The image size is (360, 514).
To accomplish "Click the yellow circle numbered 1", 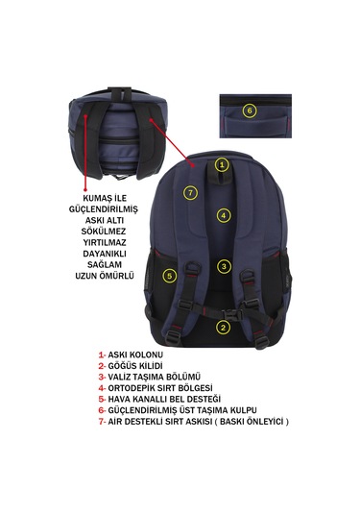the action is tap(222, 165).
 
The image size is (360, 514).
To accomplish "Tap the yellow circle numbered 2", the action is tap(223, 328).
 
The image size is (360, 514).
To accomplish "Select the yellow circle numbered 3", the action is tap(224, 266).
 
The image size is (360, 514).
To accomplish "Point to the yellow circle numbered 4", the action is tap(224, 216).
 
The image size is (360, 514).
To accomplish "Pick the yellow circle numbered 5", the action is tap(169, 276).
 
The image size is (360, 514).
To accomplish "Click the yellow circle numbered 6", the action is tap(250, 110).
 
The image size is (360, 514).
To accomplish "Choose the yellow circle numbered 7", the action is tap(191, 193).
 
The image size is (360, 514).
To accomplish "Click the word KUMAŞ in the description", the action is tap(96, 199).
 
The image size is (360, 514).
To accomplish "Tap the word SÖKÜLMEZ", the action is tap(104, 232).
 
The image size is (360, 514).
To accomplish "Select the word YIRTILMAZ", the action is tap(105, 242).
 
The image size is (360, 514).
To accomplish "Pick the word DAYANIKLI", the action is tap(105, 254).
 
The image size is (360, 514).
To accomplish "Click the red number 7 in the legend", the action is tap(101, 421).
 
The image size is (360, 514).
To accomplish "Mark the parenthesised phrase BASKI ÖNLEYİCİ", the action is tap(252, 421).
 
